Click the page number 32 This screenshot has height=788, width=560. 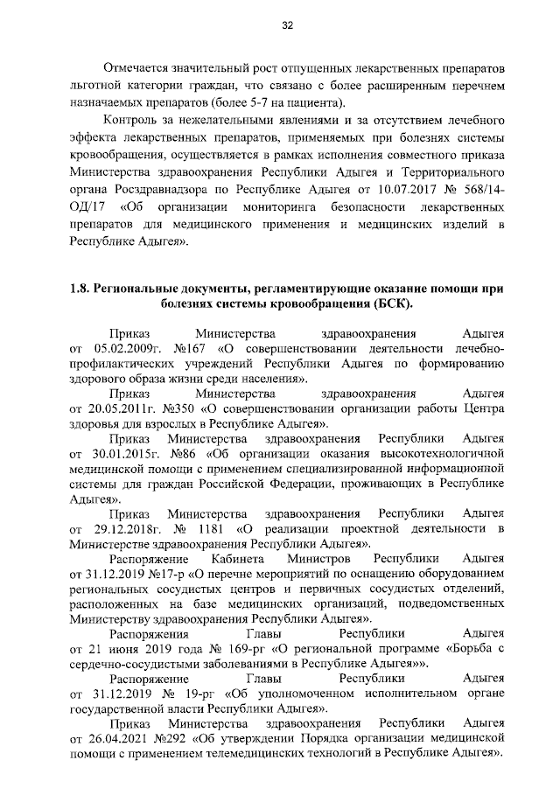(x=286, y=24)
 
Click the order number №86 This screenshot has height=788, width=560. (x=182, y=456)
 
